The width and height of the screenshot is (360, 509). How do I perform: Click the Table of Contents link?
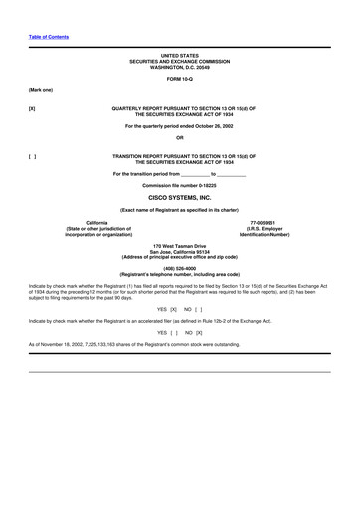48,37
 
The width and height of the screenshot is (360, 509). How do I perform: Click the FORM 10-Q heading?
180,78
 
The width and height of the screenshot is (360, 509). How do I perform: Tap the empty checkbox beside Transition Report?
33,156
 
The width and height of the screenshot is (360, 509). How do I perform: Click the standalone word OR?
180,137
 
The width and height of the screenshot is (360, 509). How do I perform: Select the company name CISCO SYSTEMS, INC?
180,198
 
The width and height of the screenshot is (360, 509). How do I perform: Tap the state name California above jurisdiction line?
97,221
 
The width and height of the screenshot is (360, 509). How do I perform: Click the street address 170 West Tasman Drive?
180,246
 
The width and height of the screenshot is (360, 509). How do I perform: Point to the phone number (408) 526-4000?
180,267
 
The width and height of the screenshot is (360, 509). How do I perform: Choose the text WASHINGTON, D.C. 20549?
180,67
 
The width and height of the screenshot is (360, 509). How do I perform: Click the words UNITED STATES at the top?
180,56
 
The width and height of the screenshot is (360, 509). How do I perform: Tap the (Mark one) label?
42,89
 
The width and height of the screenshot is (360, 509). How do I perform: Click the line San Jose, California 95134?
180,252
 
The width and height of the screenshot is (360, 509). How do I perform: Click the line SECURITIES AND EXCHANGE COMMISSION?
180,61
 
